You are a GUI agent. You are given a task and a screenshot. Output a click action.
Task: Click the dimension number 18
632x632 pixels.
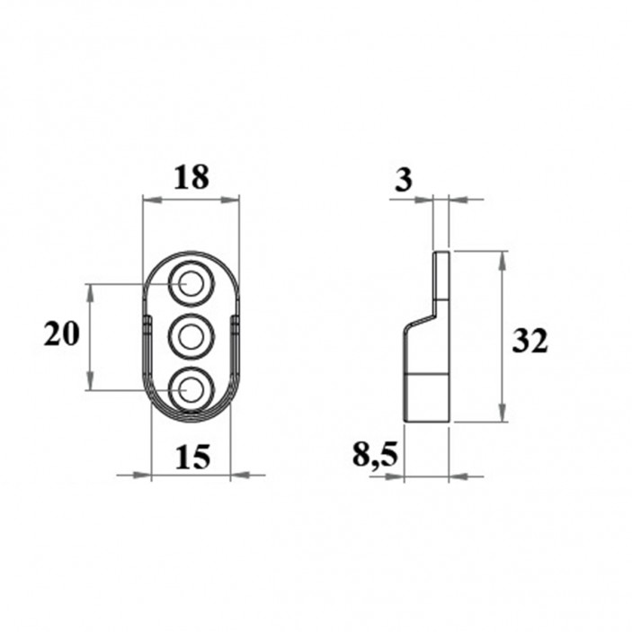pos(191,178)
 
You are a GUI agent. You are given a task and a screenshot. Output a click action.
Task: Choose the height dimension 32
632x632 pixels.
pos(530,341)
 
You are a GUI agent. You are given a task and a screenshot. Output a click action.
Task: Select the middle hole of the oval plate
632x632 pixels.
pos(191,336)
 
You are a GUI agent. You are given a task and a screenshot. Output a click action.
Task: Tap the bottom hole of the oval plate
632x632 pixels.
pos(191,388)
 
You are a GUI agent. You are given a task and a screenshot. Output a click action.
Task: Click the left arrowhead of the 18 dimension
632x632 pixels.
pos(149,199)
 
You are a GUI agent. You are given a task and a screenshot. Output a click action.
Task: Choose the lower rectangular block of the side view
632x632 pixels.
pos(426,396)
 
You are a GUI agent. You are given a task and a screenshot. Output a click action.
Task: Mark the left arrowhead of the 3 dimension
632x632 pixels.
pos(427,200)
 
